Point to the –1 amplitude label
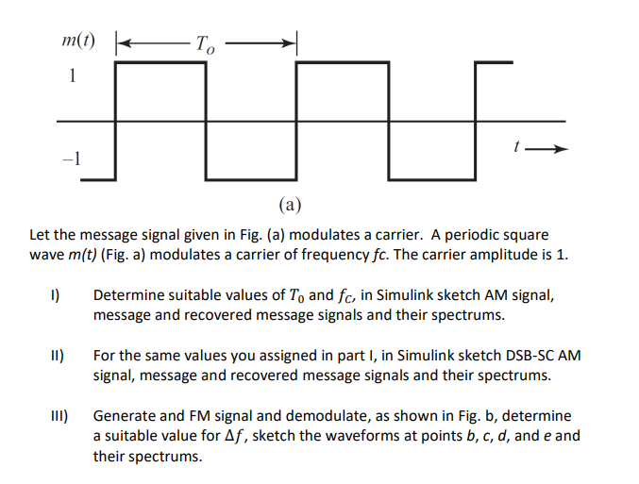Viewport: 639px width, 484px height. [x=71, y=159]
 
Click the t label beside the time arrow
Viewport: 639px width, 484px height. [x=517, y=146]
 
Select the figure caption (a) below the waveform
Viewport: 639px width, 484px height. [x=290, y=203]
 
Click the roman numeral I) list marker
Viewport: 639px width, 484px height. [x=56, y=295]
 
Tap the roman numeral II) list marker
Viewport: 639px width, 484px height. [x=56, y=356]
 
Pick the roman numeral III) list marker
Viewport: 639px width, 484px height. [x=57, y=416]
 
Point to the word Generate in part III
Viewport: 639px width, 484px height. [x=125, y=416]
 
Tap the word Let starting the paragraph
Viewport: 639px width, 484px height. [x=40, y=234]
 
